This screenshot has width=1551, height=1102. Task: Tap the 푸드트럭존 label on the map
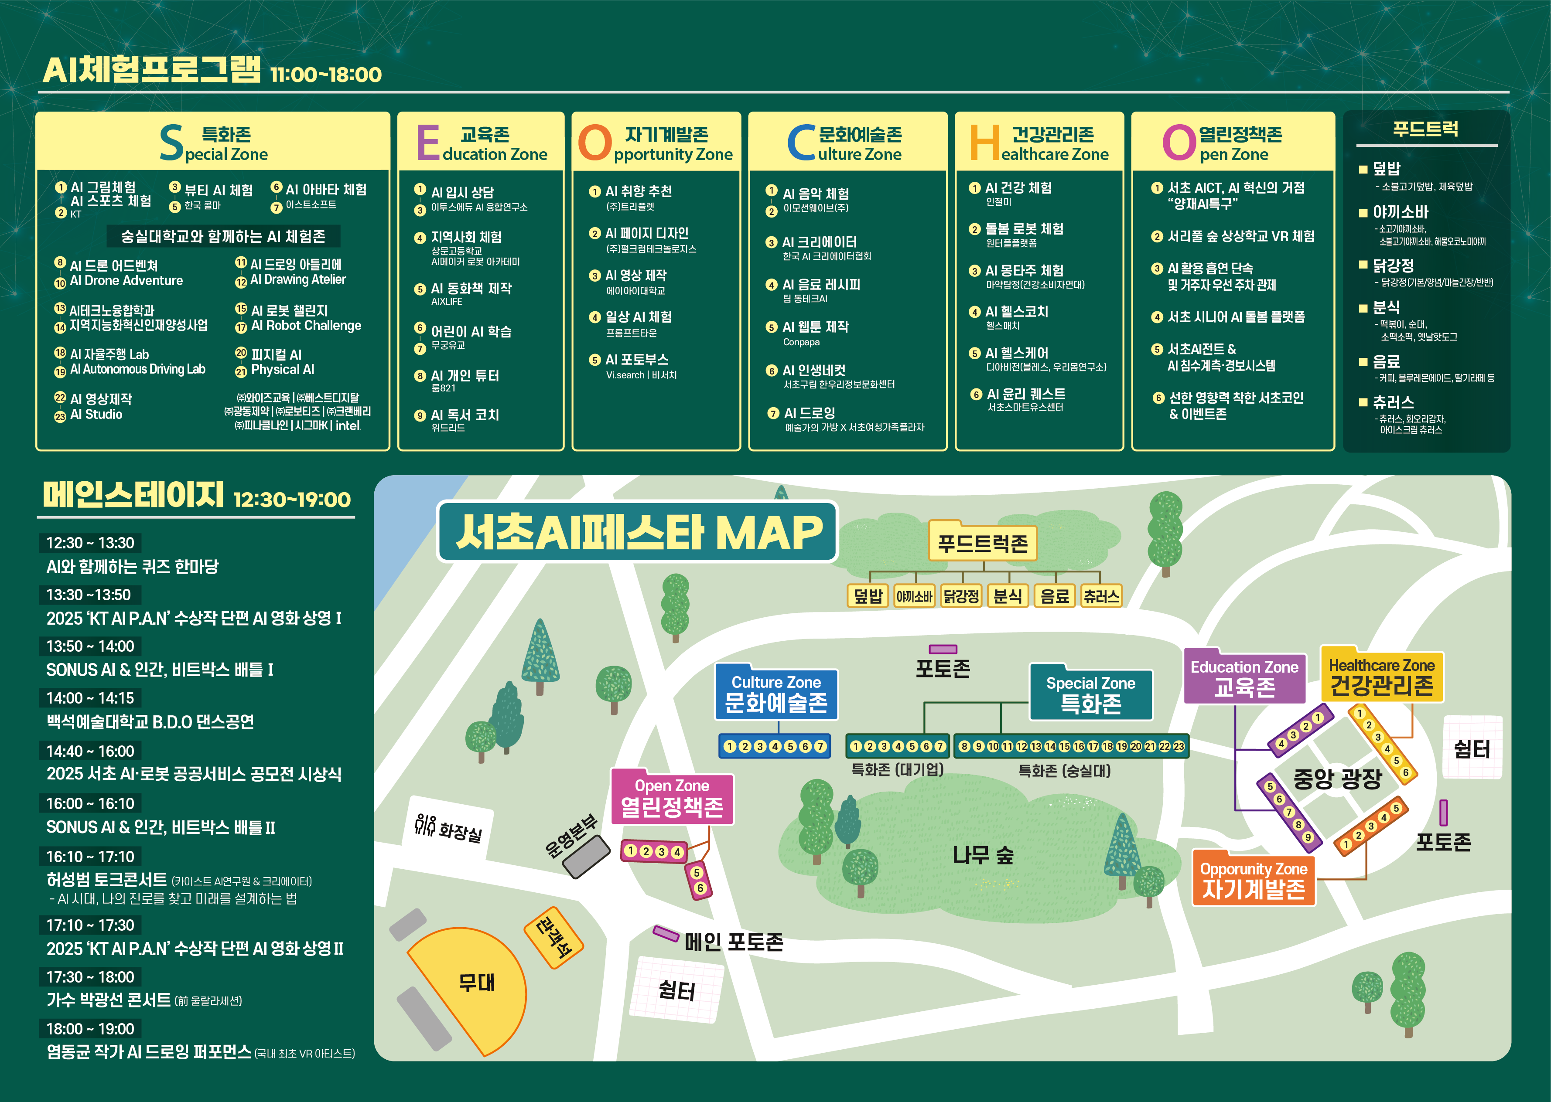pos(982,543)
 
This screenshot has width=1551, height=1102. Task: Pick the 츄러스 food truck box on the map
pos(1100,596)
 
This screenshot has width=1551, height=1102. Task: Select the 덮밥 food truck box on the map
pos(868,596)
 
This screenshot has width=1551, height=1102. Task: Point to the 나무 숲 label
pos(982,855)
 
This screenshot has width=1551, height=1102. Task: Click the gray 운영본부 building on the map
pos(587,856)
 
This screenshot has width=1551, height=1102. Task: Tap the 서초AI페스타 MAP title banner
pos(638,532)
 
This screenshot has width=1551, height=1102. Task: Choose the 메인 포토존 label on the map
pos(733,942)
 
